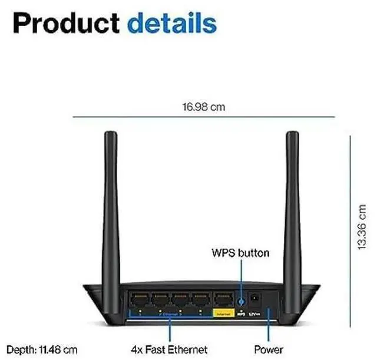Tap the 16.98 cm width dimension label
[203, 107]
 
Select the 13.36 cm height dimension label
[363, 226]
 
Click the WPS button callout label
[240, 253]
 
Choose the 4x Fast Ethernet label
[170, 349]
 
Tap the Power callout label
[268, 349]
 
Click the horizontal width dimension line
[203, 118]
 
